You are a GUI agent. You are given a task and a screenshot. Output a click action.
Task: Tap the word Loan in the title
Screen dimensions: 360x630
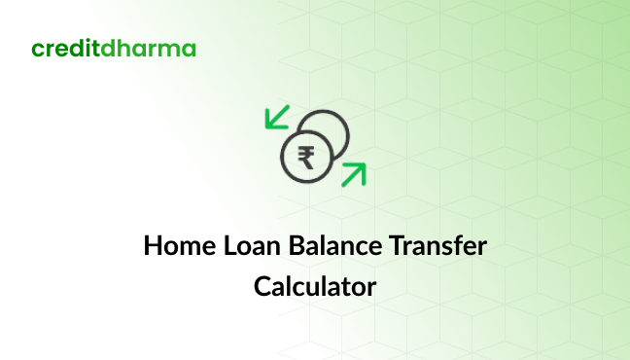[249, 246]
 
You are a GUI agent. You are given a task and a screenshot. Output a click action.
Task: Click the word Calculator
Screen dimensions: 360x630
[315, 287]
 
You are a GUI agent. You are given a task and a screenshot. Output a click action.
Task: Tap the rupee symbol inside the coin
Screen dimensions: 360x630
[306, 157]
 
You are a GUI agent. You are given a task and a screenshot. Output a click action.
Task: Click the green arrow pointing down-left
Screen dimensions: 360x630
[278, 117]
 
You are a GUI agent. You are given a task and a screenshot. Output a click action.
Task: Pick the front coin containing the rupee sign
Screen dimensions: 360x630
[306, 157]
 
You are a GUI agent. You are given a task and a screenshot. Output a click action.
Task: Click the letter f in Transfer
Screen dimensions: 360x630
[456, 245]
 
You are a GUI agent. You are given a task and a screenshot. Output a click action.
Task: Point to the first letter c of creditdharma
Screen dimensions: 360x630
[38, 51]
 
